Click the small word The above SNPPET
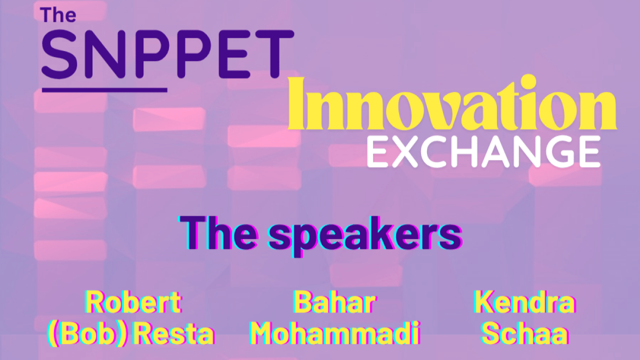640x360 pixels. [58, 15]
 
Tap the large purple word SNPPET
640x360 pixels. [167, 54]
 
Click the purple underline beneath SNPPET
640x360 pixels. [104, 90]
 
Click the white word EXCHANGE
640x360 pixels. [483, 151]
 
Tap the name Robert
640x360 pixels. [133, 301]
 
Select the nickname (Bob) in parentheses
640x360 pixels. [86, 333]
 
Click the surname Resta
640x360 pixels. [174, 333]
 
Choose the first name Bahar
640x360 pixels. [333, 301]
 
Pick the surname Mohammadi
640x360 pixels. [334, 333]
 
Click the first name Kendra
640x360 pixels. [524, 301]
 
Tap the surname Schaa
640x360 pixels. [524, 333]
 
